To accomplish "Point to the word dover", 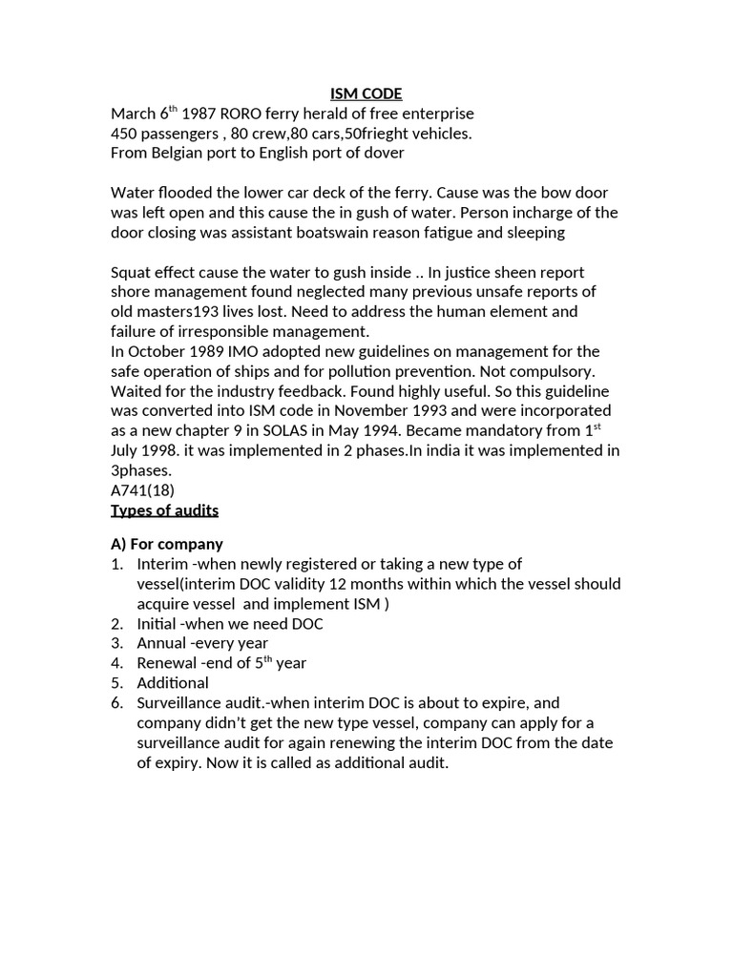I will point(384,153).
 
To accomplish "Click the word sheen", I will point(513,272).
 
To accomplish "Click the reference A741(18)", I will point(143,490).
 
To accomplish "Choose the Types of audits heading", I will point(165,510).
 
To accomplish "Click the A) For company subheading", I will point(167,544).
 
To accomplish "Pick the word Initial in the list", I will point(157,623).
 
